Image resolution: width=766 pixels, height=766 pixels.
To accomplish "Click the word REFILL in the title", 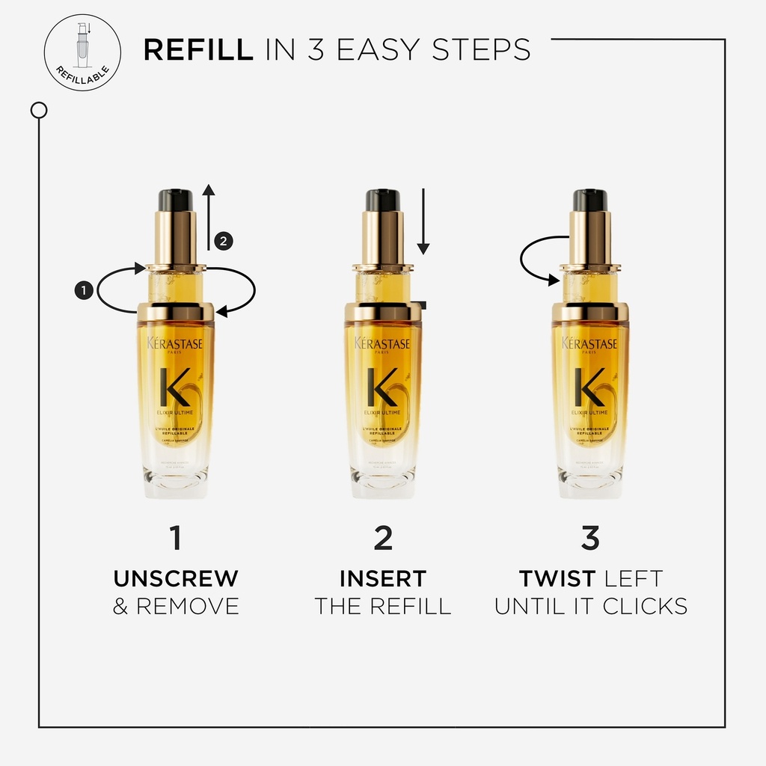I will (197, 49).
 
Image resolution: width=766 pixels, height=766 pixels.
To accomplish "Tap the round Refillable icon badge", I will (82, 52).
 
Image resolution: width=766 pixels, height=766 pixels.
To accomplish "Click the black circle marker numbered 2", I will (224, 240).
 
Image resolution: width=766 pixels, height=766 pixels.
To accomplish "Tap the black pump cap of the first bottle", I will (176, 200).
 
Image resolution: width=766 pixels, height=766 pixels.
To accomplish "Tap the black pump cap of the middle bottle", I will (383, 200).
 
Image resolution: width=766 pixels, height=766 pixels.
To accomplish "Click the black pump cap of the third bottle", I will (590, 200).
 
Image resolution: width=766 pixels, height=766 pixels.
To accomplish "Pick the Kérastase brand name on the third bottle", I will (590, 343).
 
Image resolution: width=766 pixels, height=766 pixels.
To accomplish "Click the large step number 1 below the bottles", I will (176, 539).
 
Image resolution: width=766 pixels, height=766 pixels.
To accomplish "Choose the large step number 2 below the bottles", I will (383, 539).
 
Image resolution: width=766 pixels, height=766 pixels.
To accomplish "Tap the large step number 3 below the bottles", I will (590, 539).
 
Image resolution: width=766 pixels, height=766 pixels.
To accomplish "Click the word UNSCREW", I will (176, 578).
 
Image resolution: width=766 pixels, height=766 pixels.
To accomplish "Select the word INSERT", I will (383, 578).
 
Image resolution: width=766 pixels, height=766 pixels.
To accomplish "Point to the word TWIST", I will (557, 578).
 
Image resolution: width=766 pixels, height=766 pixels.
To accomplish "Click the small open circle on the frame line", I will (39, 111).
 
